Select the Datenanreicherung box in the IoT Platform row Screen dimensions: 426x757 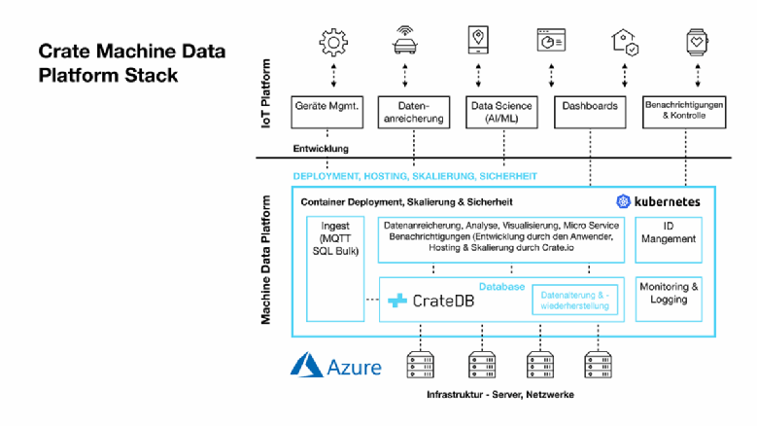(x=413, y=112)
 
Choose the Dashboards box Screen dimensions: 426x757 (x=590, y=112)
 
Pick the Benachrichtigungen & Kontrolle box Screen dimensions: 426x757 (x=686, y=112)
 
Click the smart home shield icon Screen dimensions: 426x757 (x=623, y=41)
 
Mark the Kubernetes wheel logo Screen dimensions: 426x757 (x=623, y=201)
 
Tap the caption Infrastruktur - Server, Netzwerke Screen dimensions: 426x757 (x=499, y=395)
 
